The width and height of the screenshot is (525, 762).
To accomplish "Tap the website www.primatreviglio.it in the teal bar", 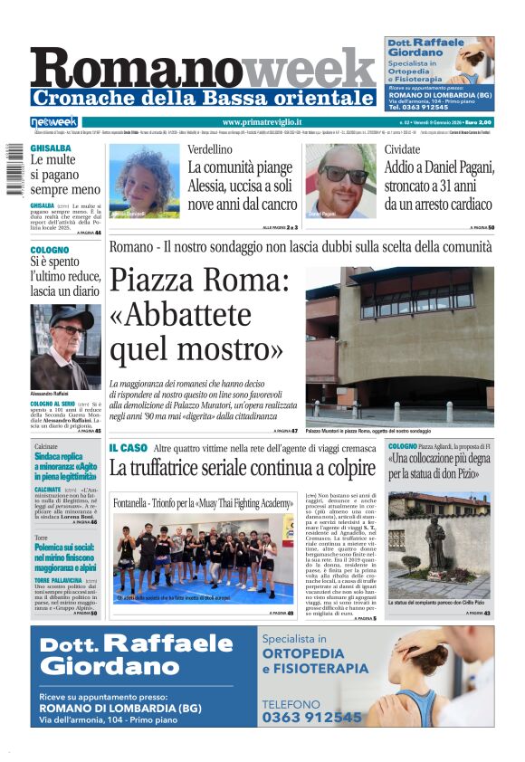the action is [x=262, y=122].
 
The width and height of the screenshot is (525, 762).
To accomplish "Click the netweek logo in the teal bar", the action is [x=54, y=122].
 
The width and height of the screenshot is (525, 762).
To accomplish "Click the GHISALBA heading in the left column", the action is [x=51, y=148].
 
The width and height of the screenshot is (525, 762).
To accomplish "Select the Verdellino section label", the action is [x=210, y=149].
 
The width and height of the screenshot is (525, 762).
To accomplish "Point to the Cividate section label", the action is [x=402, y=149].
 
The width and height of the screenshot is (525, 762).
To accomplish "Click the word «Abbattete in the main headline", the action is [x=181, y=314].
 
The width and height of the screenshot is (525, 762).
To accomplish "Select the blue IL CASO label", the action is [x=128, y=448].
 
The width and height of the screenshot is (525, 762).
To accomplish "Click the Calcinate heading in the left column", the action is [x=46, y=447].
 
